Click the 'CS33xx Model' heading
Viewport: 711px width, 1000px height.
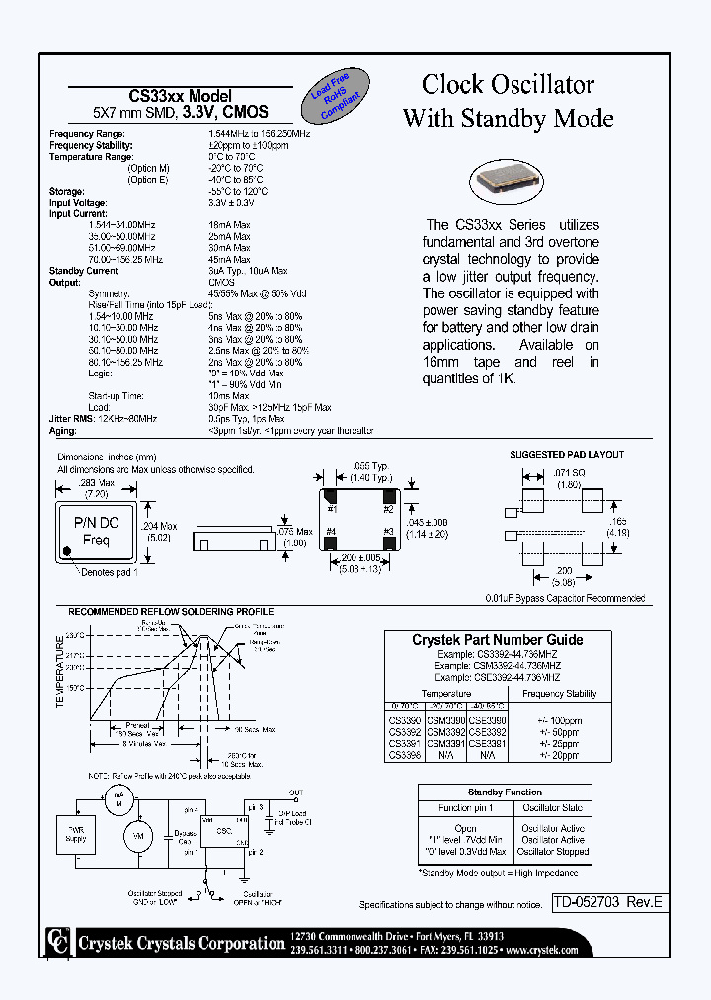pyautogui.click(x=181, y=96)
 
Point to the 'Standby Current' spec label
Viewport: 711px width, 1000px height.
pyautogui.click(x=84, y=270)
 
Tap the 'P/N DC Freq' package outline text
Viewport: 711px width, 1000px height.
pyautogui.click(x=96, y=531)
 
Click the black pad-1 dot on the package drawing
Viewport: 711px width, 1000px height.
pyautogui.click(x=66, y=552)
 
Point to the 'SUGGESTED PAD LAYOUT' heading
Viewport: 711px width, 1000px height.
pyautogui.click(x=567, y=455)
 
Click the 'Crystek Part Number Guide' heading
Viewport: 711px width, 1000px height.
pyautogui.click(x=497, y=640)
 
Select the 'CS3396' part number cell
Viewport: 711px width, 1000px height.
pyautogui.click(x=403, y=754)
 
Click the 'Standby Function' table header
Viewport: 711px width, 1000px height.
pyautogui.click(x=505, y=792)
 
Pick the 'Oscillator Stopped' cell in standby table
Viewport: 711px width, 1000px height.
pyautogui.click(x=553, y=852)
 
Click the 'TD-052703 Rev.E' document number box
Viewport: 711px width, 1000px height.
pyautogui.click(x=606, y=901)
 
